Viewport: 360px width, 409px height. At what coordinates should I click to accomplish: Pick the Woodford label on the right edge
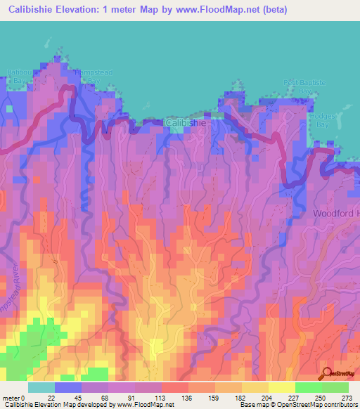click(x=336, y=212)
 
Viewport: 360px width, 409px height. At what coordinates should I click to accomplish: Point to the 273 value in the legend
click(x=347, y=396)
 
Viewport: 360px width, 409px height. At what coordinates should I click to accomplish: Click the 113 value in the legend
click(x=160, y=396)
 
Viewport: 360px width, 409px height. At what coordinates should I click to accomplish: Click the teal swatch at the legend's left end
click(x=41, y=387)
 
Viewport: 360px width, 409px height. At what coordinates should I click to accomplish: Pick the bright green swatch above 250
click(x=308, y=387)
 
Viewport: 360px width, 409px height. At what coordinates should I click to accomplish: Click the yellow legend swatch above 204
click(x=255, y=387)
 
